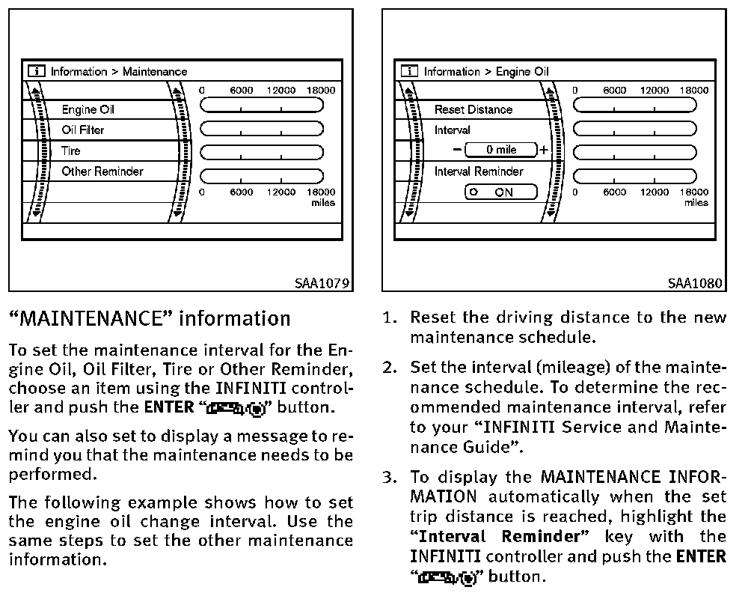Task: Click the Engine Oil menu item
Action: coord(88,109)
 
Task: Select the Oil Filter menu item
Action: coord(83,130)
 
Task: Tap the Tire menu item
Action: coord(71,150)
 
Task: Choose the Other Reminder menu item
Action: coord(102,171)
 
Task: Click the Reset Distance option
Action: coord(473,109)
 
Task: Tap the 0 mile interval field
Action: coord(501,150)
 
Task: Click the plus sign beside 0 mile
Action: coord(544,150)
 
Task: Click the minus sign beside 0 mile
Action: coord(457,150)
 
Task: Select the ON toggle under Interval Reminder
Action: coord(500,192)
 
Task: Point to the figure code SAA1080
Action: coord(696,283)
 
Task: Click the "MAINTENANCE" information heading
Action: coord(150,319)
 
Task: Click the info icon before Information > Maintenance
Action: coord(35,72)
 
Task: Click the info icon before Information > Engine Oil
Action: coord(408,72)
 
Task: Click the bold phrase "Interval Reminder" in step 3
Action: coord(500,536)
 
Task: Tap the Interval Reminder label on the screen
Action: coord(479,171)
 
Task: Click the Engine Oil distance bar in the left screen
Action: coord(262,106)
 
